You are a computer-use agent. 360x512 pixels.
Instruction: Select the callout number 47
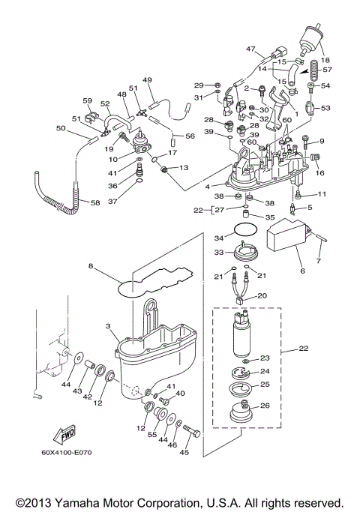251,49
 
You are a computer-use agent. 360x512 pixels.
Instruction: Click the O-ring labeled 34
242,229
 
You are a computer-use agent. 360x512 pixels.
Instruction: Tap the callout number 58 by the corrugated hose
94,203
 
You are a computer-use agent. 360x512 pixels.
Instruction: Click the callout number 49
147,80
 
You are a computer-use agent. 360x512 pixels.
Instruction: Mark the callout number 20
262,295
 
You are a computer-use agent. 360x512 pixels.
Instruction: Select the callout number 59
87,100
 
